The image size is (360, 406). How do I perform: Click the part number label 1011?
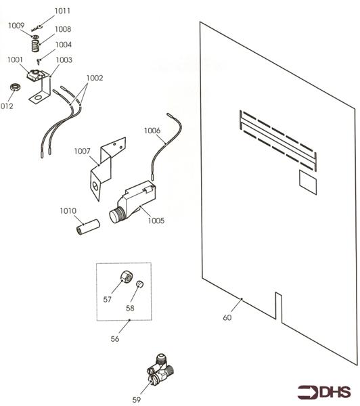pos(62,11)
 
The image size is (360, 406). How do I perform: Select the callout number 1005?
pos(156,221)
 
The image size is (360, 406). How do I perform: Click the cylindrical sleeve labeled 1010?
pos(89,227)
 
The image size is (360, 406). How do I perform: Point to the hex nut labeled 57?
pos(127,276)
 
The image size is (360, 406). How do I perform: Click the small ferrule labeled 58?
pos(140,284)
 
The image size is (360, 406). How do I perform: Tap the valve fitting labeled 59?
pos(160,368)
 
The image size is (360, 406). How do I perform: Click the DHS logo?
pos(323,392)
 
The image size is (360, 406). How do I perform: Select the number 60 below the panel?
pos(227,317)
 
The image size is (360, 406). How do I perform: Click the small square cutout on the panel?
pos(308,182)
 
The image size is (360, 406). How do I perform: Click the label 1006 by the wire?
pos(152,131)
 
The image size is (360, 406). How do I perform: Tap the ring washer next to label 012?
pos(16,87)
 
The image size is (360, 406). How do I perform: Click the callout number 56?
pos(115,339)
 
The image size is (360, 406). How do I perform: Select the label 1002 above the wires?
pos(95,78)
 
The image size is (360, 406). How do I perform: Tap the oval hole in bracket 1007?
pos(95,185)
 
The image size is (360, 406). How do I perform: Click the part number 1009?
pos(16,26)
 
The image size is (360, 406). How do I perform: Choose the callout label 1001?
pos(16,60)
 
